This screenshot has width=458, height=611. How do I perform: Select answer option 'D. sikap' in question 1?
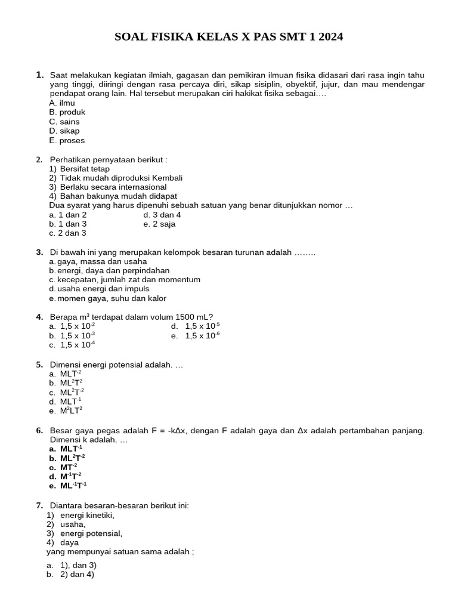[64, 131]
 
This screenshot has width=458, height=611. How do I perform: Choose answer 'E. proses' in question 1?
[67, 140]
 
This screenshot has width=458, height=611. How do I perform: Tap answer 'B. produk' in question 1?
[67, 112]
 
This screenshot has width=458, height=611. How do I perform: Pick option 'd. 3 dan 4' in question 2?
[162, 215]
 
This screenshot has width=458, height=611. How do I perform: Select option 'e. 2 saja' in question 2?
[159, 224]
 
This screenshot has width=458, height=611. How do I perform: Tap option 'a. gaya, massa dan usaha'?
[98, 261]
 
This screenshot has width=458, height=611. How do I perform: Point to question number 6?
[39, 430]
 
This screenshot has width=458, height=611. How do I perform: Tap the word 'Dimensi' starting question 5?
[65, 364]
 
